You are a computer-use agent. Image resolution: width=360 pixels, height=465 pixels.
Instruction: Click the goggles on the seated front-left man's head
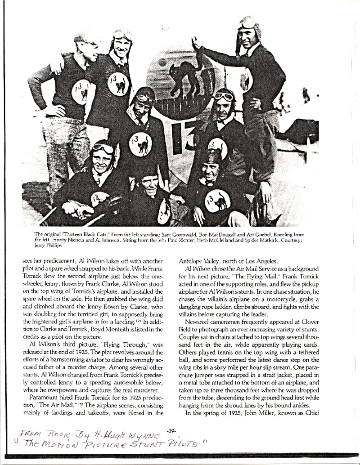(103, 148)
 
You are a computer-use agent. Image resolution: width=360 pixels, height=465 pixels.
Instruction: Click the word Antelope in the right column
(192, 260)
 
